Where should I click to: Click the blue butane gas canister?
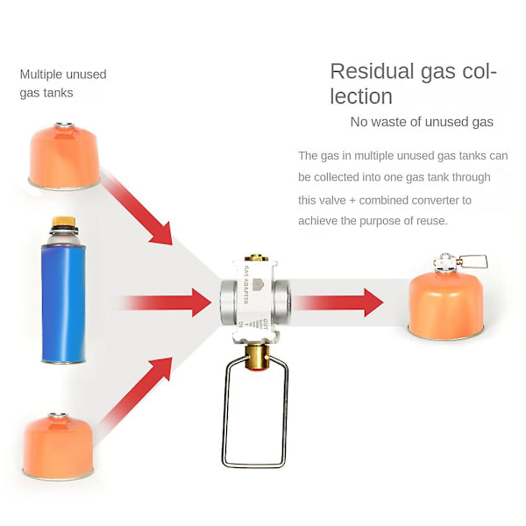63,290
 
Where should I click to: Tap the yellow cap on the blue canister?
64,222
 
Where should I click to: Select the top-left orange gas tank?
64,156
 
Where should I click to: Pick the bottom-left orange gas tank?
58,446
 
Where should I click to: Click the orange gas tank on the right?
446,305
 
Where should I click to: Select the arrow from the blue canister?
166,302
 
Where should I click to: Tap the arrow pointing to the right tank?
338,302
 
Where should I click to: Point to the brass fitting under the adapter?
257,357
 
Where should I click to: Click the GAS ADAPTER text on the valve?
245,285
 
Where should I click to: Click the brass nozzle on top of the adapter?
256,258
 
